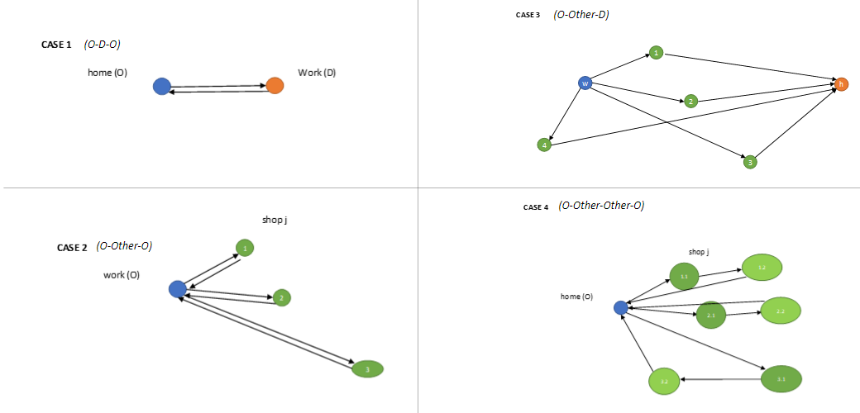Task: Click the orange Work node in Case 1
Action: point(275,85)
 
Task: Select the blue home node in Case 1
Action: point(162,86)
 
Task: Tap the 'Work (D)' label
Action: point(317,73)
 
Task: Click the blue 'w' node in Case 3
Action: point(585,83)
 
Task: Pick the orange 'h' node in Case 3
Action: point(841,83)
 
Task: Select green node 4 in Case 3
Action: point(544,145)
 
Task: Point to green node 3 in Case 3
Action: point(750,162)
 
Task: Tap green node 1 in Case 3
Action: point(656,53)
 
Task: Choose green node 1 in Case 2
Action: point(245,248)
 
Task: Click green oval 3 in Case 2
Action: point(367,369)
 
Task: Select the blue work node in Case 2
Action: point(177,288)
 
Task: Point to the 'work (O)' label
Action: point(121,275)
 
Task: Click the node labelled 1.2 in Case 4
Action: point(762,268)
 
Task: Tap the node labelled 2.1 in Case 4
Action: point(711,315)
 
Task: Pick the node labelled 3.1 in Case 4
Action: point(781,379)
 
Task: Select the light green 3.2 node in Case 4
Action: point(664,381)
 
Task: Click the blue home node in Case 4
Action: point(621,307)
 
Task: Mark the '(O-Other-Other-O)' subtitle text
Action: point(601,206)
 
